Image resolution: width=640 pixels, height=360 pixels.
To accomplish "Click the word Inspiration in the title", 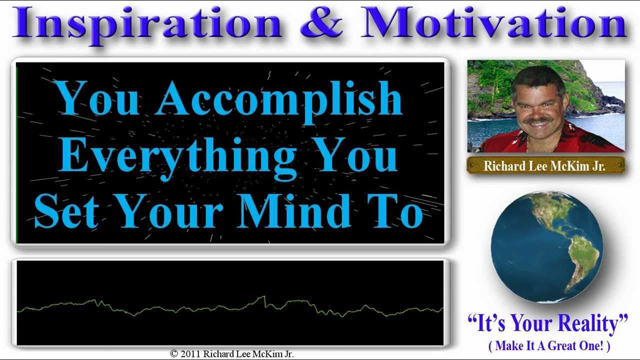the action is [147, 25].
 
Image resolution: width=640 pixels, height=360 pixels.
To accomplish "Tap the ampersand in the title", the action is [321, 22].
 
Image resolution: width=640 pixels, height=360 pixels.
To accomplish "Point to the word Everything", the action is [177, 158].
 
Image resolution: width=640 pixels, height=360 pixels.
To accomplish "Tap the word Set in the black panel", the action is [66, 211].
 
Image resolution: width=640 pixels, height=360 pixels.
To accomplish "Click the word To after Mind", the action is [395, 211].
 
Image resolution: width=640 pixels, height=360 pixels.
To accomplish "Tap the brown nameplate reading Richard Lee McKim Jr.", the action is [545, 165].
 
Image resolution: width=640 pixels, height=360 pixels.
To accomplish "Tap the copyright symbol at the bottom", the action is [173, 354].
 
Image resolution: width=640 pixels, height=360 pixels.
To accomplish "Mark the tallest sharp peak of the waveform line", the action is [264, 296].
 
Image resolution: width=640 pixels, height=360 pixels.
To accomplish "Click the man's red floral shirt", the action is [551, 140].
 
